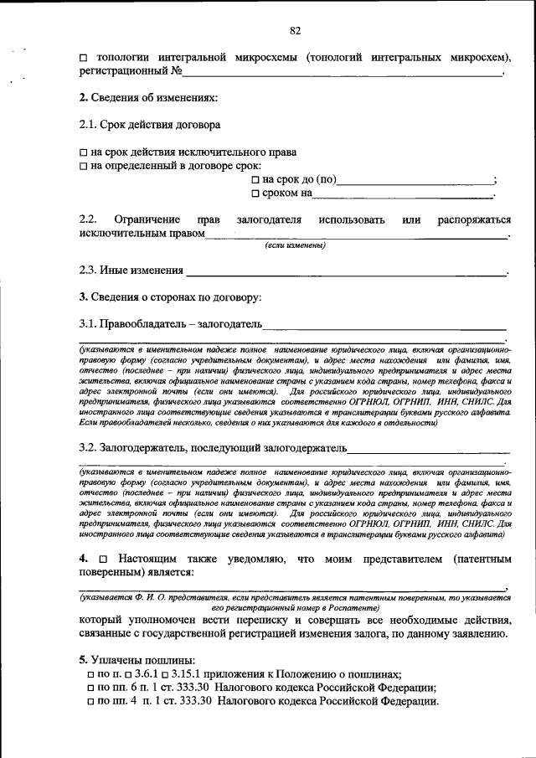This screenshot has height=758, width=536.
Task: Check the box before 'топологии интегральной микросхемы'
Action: point(84,58)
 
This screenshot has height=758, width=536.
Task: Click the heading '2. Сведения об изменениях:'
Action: point(148,98)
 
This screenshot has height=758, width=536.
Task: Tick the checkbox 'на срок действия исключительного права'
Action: point(84,153)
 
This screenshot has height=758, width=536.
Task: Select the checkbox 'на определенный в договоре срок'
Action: point(84,167)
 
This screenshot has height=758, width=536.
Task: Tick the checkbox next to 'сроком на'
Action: point(255,193)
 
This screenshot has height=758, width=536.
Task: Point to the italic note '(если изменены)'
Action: point(295,245)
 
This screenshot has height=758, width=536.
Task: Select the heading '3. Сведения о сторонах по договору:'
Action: point(170,296)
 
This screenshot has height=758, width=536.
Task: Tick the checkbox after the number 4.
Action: point(102,558)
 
